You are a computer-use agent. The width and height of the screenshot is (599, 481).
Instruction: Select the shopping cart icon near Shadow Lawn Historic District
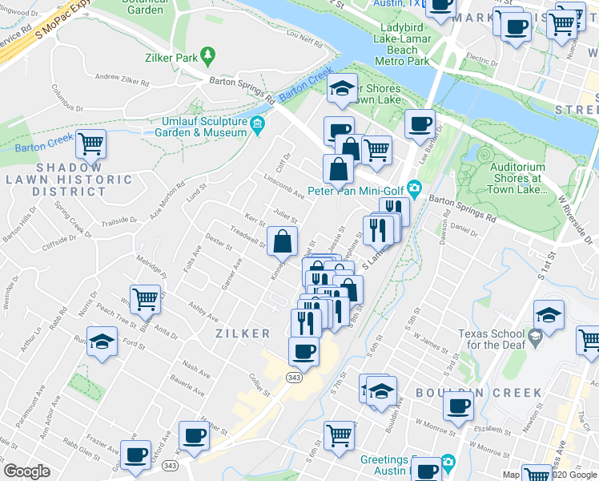click(x=91, y=144)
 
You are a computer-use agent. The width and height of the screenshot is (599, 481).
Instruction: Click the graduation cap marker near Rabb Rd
click(x=102, y=344)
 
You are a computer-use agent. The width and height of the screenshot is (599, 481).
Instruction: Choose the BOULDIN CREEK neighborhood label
click(x=479, y=393)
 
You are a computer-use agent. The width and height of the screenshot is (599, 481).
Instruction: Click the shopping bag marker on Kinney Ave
click(x=282, y=240)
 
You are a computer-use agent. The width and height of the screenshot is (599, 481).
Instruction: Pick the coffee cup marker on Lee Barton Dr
click(x=420, y=124)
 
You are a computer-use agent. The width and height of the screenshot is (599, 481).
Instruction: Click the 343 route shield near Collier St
click(x=294, y=377)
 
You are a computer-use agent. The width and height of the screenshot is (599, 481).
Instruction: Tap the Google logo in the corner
click(x=26, y=471)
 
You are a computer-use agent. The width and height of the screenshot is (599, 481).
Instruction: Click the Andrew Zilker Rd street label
click(x=123, y=79)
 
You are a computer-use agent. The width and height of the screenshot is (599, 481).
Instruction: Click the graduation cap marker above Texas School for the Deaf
click(x=549, y=314)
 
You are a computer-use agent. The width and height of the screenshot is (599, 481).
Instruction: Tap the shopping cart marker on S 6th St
click(x=340, y=435)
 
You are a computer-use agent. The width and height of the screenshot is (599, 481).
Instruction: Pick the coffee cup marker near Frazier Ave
click(x=135, y=455)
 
